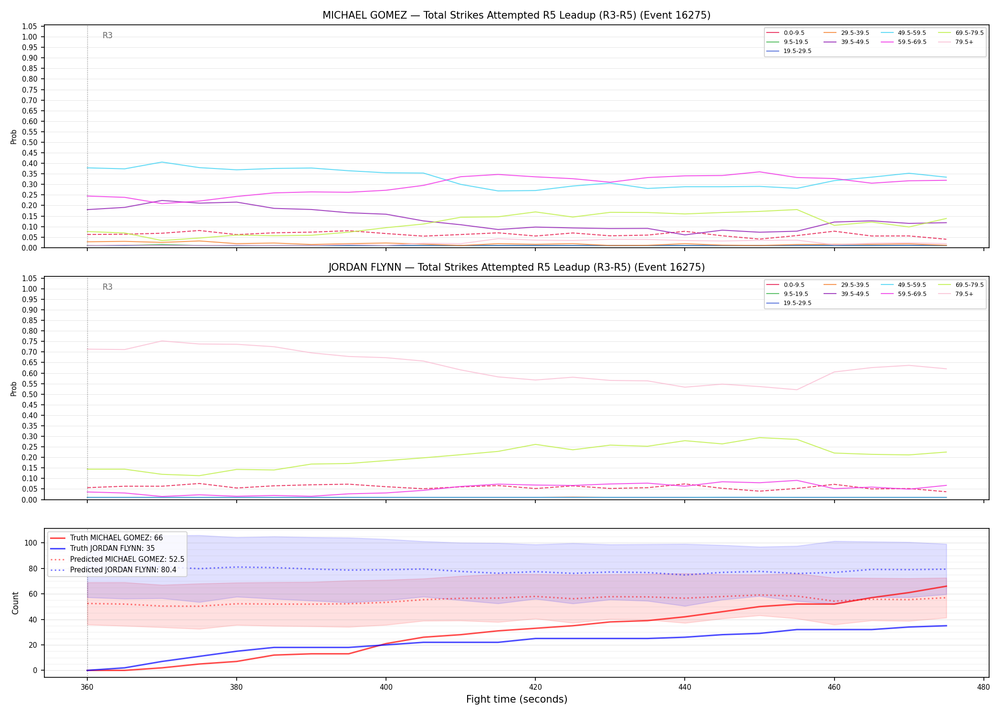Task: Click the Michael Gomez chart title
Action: pyautogui.click(x=516, y=15)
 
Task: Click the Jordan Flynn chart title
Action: pyautogui.click(x=516, y=267)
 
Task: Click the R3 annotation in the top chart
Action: pyautogui.click(x=108, y=35)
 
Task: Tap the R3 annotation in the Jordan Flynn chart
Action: pyautogui.click(x=108, y=287)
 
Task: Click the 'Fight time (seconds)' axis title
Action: pyautogui.click(x=517, y=699)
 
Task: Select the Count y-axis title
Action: pyautogui.click(x=15, y=603)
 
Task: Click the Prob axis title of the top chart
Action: pyautogui.click(x=14, y=137)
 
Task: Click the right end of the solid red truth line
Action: pyautogui.click(x=946, y=586)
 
